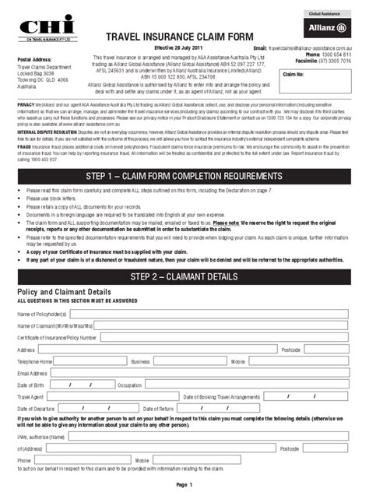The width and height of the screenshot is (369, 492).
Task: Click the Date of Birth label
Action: click(31, 385)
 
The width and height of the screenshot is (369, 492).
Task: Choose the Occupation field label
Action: click(129, 385)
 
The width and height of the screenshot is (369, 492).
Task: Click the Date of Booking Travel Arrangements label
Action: click(222, 397)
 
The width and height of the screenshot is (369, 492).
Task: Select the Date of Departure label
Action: click(36, 409)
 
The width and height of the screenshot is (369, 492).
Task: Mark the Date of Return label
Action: click(156, 409)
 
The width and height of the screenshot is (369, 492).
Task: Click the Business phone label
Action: click(140, 362)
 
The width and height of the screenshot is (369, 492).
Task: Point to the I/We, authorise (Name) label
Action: click(40, 437)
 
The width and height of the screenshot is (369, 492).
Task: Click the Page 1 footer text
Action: click(184, 485)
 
